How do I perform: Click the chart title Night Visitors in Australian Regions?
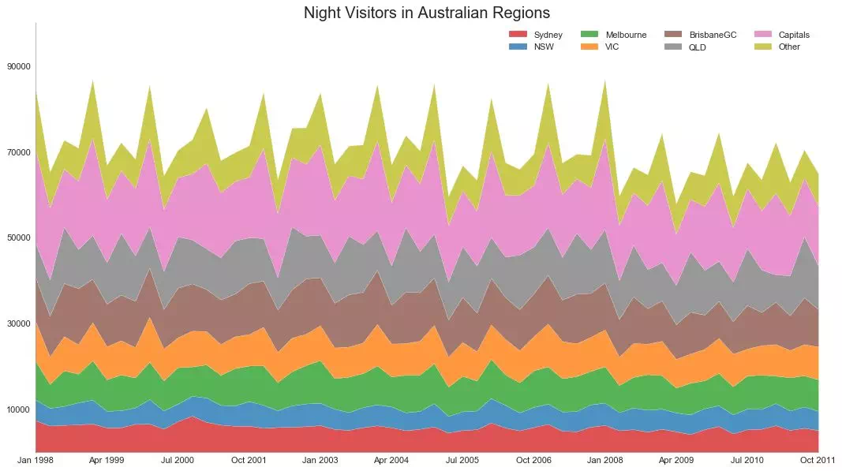(x=426, y=13)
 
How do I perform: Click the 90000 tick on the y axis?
(x=17, y=66)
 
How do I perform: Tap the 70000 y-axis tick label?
(x=17, y=152)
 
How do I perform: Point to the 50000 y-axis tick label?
(x=17, y=237)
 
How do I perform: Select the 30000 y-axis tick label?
(x=17, y=323)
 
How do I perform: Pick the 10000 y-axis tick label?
(x=17, y=409)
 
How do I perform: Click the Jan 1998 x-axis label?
(x=36, y=459)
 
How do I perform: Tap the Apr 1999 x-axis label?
(x=107, y=459)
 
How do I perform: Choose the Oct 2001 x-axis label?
(x=249, y=459)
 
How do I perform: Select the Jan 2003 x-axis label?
(x=320, y=459)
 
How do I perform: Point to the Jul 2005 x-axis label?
(x=462, y=459)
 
